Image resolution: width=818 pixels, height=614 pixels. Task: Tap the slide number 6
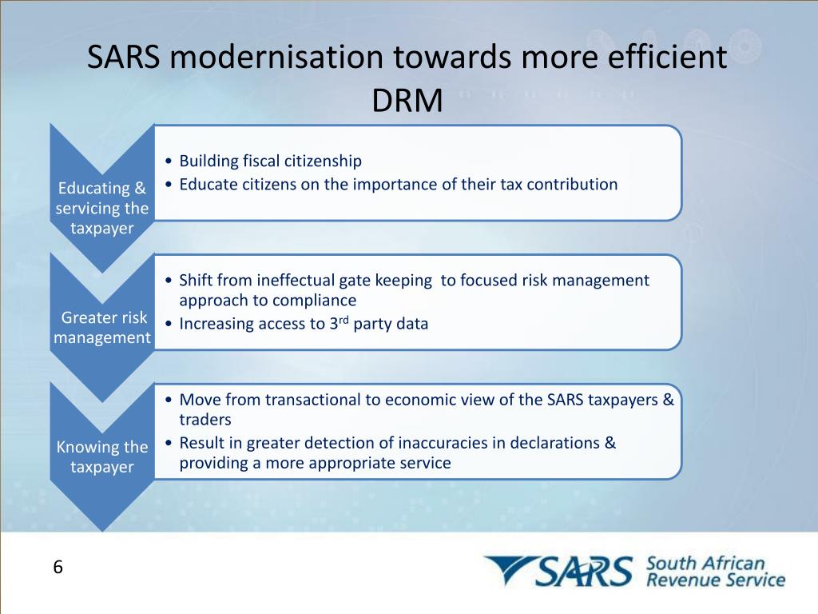click(58, 568)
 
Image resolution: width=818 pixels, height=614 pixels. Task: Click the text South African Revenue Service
click(714, 571)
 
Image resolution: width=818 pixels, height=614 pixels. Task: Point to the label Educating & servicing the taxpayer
click(101, 209)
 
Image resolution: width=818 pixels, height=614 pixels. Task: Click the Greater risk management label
click(101, 328)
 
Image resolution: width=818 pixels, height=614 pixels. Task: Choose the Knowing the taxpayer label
click(101, 457)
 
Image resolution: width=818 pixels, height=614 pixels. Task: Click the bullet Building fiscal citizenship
click(270, 161)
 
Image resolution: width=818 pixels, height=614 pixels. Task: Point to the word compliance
click(314, 301)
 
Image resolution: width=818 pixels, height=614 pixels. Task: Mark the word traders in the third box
click(204, 419)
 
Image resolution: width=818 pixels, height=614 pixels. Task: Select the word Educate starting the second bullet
click(205, 184)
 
